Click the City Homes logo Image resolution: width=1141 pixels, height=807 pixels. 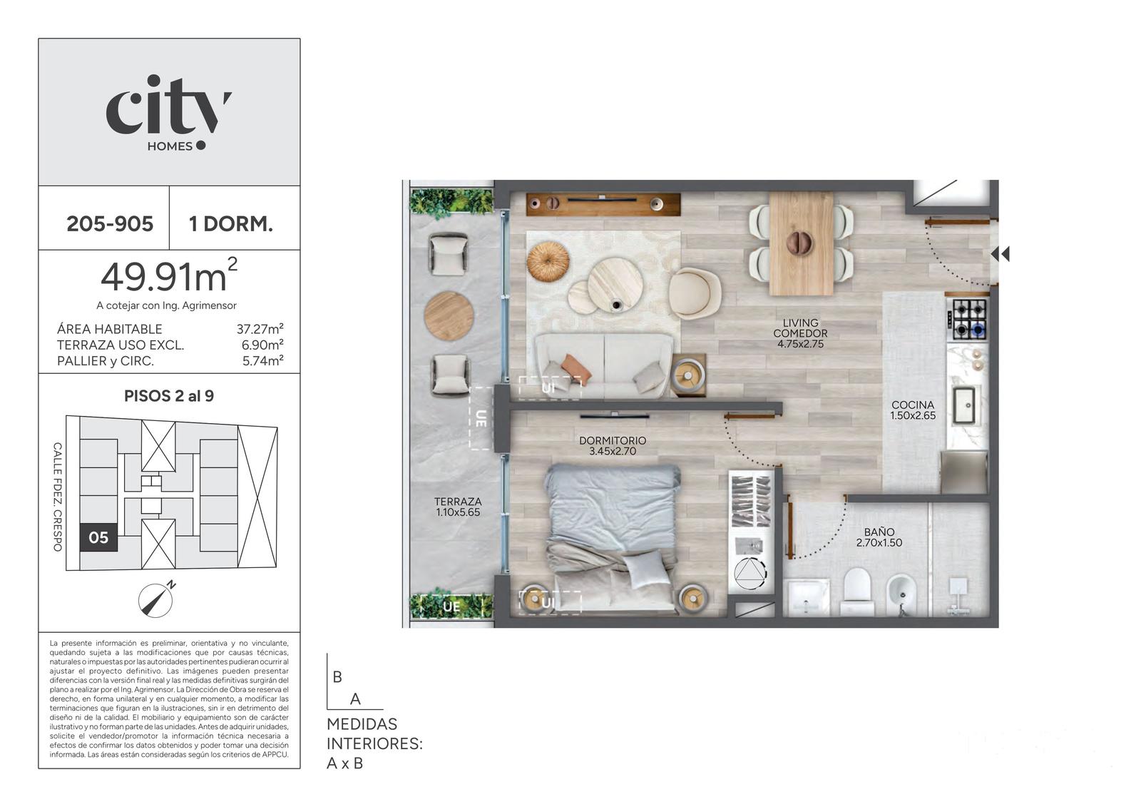[168, 113]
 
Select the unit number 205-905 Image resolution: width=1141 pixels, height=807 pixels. [110, 224]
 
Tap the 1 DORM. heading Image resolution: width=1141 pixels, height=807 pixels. [231, 224]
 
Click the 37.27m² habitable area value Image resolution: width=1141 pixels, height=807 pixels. [260, 329]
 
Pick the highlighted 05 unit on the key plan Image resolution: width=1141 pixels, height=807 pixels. [98, 537]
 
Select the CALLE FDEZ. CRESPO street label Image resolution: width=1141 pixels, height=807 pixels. [58, 497]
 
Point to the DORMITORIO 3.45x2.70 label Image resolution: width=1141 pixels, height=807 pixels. [613, 445]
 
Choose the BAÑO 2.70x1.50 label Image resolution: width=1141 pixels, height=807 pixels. [879, 537]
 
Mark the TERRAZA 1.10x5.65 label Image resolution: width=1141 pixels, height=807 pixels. [458, 507]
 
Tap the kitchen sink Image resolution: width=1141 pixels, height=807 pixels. [964, 405]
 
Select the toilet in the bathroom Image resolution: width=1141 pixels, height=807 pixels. [859, 591]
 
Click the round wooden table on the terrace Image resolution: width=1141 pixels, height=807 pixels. [449, 316]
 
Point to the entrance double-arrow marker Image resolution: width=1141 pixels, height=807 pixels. [1001, 254]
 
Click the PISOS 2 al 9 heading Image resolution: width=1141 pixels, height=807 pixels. [169, 396]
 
